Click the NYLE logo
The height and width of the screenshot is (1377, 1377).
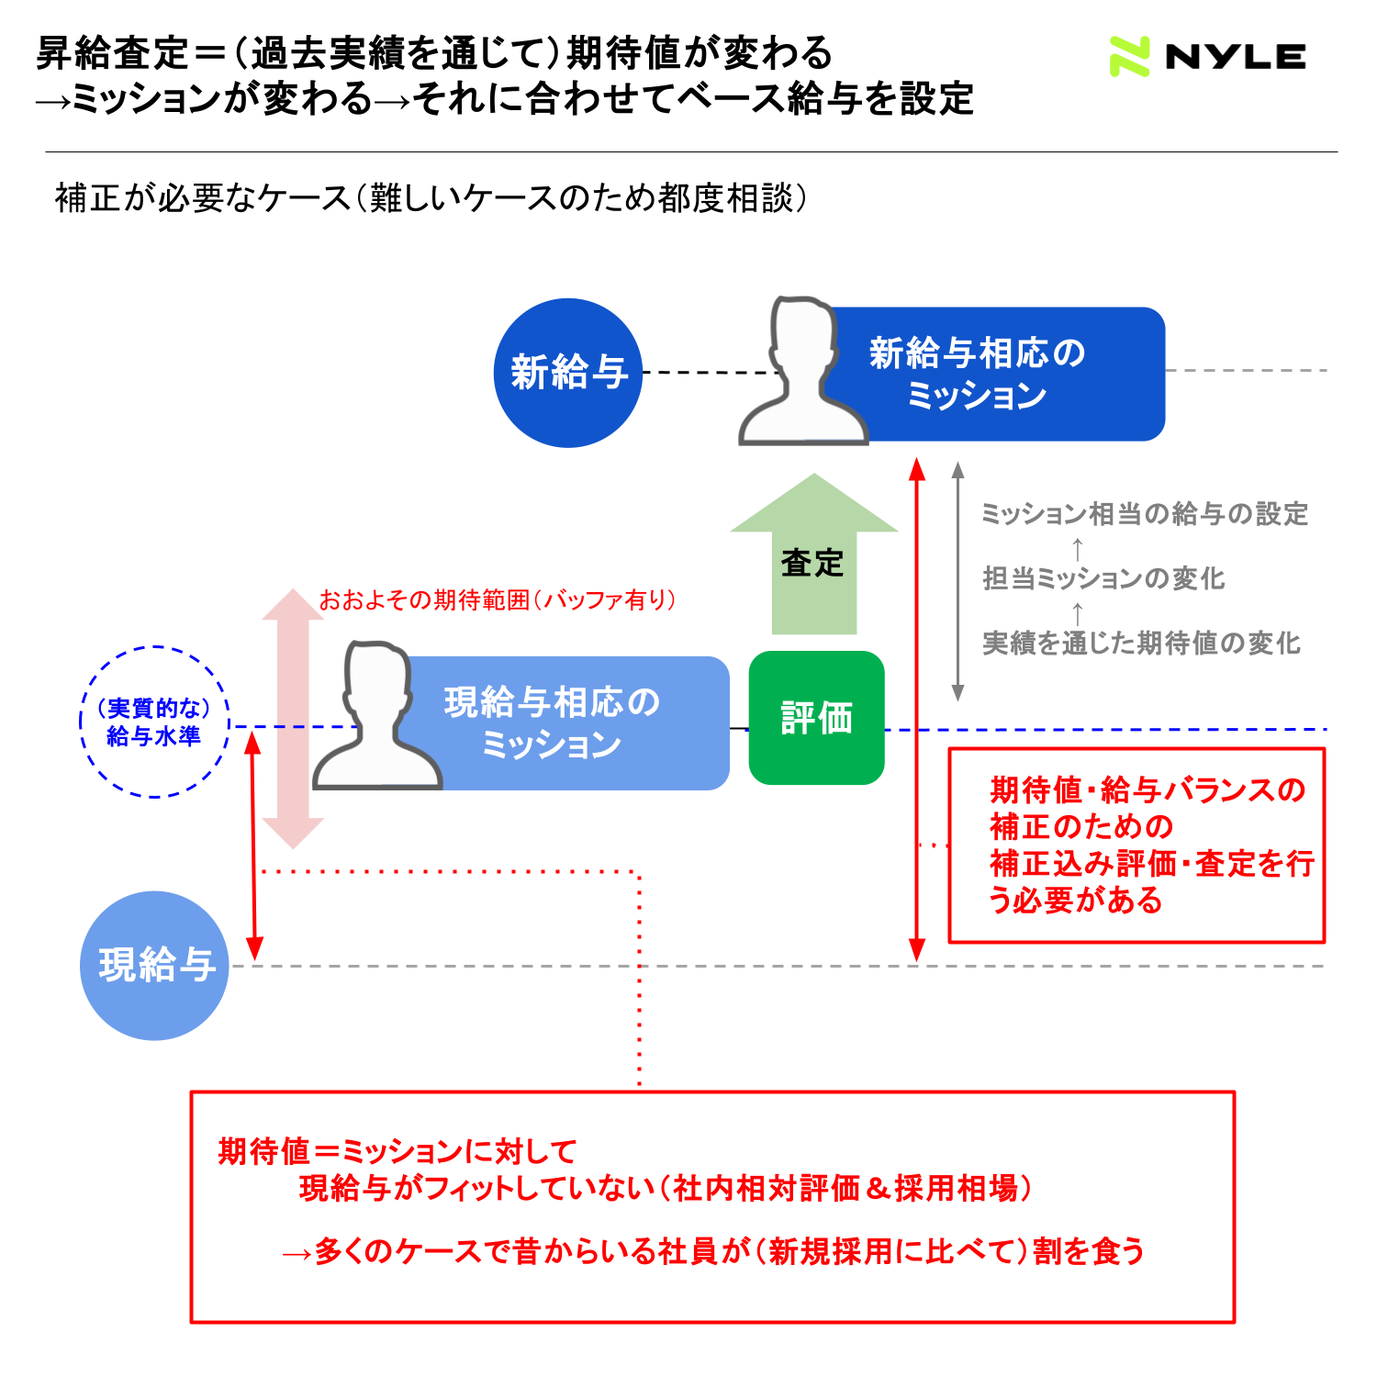pos(1207,57)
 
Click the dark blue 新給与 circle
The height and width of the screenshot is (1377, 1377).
pos(568,373)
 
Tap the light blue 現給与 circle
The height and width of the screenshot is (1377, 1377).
pos(154,966)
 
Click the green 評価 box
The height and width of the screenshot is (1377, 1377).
pos(817,718)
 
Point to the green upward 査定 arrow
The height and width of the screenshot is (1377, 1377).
pos(814,554)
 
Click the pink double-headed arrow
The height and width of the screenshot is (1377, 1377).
pos(293,718)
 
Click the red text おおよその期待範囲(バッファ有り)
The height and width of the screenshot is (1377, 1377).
pos(498,600)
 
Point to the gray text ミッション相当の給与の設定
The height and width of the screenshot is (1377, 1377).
pos(1145,514)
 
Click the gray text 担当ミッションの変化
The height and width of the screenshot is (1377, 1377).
pos(1103,578)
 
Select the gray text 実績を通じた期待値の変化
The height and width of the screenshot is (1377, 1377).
pos(1141,643)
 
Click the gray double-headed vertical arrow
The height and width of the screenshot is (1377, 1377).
pos(957,582)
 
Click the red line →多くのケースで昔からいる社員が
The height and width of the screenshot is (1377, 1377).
pos(713,1251)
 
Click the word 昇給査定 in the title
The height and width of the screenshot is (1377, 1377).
pos(113,53)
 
